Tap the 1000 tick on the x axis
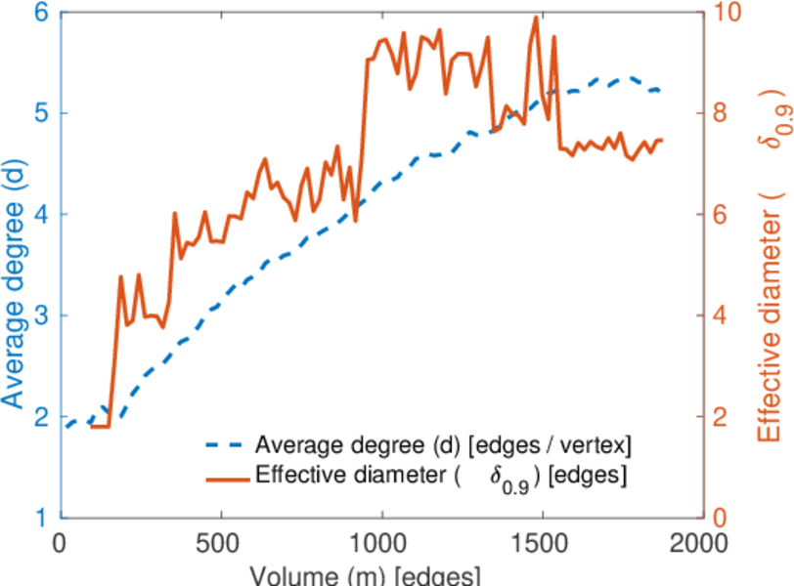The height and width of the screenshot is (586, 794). coord(381,543)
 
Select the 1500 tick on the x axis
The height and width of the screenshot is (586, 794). coord(541,543)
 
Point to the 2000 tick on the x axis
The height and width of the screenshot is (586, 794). coord(700,543)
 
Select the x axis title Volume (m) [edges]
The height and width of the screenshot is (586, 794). coord(364,574)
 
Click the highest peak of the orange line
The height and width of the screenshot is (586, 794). coord(536,17)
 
